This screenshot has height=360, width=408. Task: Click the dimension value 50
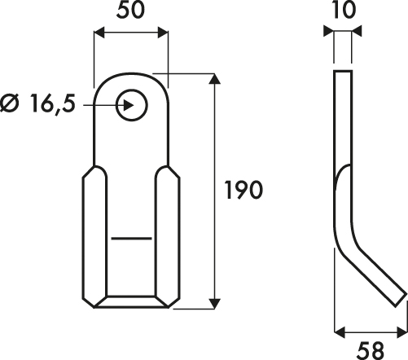coord(130,11)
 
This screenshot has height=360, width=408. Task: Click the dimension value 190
coord(243,190)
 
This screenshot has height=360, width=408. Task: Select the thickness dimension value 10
coord(343,10)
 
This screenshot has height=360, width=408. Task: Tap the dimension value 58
coord(371,350)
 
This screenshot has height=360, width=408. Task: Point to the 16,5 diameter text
coord(52,103)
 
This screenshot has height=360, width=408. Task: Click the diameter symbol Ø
coord(11,103)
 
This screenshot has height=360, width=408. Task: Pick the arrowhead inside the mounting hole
coord(129,105)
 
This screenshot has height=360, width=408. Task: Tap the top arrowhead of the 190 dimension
coord(215,78)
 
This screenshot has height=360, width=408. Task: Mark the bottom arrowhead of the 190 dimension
coord(215,303)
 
